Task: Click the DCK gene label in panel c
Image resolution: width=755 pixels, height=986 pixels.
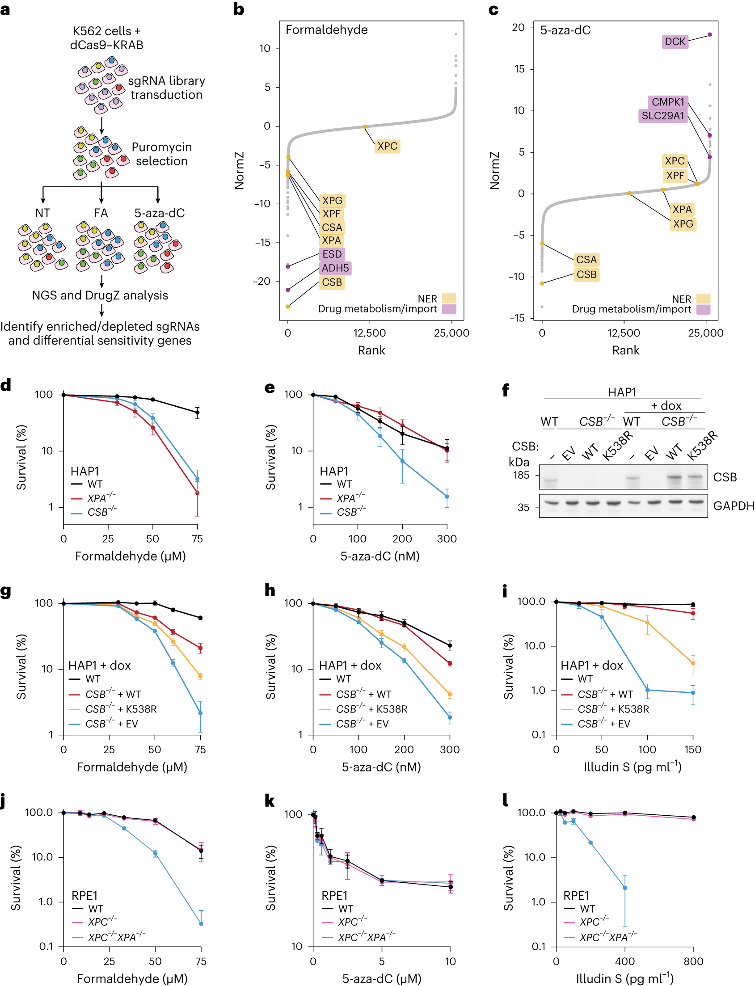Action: click(x=675, y=42)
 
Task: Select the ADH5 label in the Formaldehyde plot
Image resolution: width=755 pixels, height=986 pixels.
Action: click(x=335, y=268)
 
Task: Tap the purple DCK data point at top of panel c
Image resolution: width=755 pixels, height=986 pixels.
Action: click(x=709, y=34)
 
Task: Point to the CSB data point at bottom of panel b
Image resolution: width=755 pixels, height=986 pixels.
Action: click(x=288, y=307)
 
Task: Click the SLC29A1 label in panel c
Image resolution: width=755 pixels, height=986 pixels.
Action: click(x=662, y=116)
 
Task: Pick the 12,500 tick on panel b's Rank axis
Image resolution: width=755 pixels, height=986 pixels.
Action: click(x=369, y=333)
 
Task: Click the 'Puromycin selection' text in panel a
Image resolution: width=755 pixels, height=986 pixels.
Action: click(x=161, y=154)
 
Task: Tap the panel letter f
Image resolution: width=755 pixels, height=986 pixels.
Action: click(x=506, y=389)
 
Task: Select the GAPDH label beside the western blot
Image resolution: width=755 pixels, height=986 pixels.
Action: click(x=734, y=506)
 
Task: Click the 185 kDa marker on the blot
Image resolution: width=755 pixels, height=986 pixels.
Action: click(x=521, y=475)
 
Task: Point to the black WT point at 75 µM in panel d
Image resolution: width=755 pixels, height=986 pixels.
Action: click(x=197, y=413)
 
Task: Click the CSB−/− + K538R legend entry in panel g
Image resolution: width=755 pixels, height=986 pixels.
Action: click(x=120, y=709)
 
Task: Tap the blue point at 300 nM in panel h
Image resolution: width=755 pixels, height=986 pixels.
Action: click(x=450, y=718)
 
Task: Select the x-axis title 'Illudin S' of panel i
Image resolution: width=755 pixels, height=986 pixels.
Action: click(x=633, y=767)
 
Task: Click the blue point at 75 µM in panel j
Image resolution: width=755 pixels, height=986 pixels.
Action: click(x=201, y=924)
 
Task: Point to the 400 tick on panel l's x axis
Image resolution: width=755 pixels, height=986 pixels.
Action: click(x=624, y=961)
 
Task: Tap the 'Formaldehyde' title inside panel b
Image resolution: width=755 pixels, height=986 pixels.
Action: click(x=327, y=30)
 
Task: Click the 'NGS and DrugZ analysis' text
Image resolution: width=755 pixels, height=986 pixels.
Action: click(x=100, y=295)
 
